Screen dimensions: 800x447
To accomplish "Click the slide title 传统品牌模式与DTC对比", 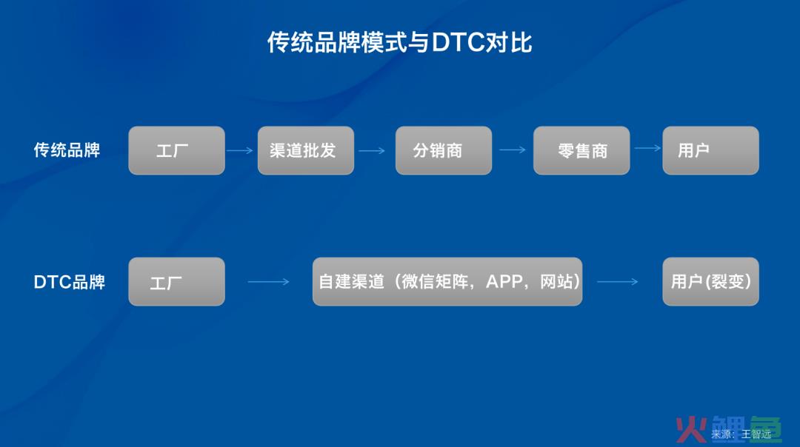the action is [399, 42].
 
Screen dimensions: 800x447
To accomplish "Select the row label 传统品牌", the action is [67, 150].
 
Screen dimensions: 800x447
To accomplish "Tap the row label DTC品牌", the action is [70, 282].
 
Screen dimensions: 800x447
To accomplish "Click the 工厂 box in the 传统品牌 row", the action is [176, 150].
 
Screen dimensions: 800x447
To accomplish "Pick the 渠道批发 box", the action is [306, 150].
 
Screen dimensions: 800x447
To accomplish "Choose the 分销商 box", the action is [444, 150].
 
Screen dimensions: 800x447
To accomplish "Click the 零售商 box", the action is [581, 150].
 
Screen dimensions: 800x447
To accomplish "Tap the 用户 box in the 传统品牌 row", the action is [710, 150].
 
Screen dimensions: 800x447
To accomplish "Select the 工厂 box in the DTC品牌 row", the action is [176, 281].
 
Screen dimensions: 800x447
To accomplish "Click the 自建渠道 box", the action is [447, 281].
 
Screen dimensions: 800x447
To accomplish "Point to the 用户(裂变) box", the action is [710, 281].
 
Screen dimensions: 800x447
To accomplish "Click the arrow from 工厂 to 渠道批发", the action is [240, 150].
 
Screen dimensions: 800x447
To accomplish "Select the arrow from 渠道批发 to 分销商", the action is [372, 150].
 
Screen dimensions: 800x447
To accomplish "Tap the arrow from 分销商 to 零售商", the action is [513, 149].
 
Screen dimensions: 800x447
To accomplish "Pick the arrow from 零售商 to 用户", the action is [647, 148].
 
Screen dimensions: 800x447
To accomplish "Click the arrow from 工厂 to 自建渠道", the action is [268, 281].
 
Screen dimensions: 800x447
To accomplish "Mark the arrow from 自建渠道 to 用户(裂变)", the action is [617, 281].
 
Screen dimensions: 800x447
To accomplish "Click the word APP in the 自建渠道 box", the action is [504, 281].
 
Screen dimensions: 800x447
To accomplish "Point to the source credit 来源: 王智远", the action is [741, 434].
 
